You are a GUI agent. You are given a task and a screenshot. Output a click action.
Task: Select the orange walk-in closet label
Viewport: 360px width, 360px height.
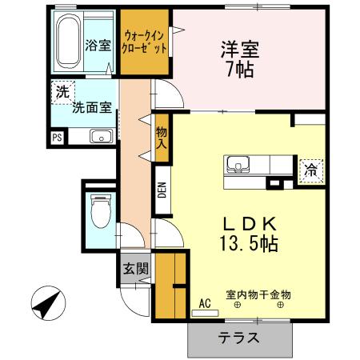click(x=145, y=42)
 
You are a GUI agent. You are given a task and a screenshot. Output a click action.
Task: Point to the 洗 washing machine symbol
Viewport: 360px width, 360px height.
click(x=62, y=93)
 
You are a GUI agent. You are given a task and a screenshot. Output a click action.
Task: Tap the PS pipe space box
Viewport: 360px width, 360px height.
click(x=56, y=138)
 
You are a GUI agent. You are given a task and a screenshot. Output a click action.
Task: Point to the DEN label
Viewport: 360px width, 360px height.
click(x=161, y=191)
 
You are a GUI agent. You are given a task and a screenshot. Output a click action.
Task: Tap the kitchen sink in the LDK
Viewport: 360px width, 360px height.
click(x=237, y=166)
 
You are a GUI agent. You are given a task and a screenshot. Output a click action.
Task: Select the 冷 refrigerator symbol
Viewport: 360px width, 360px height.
click(x=310, y=170)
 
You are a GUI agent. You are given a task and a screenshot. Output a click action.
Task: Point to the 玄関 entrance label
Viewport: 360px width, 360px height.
click(x=135, y=270)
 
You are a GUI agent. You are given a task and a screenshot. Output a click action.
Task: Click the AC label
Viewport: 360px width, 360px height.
click(x=204, y=304)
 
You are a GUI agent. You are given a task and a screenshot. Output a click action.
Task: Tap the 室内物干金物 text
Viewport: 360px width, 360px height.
click(x=258, y=295)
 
